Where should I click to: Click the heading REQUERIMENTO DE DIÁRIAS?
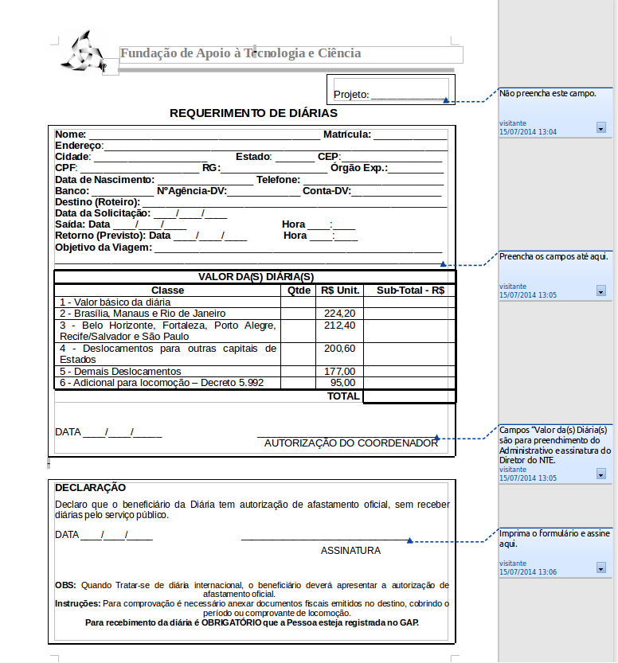[x=253, y=113]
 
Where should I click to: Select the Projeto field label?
[x=351, y=95]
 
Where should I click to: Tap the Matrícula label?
[x=346, y=135]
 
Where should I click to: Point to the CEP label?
[x=328, y=157]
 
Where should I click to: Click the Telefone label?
[x=278, y=180]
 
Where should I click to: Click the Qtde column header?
[x=299, y=291]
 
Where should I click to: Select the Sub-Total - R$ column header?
[x=410, y=291]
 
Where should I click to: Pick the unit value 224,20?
[x=340, y=314]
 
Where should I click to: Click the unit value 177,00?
[x=340, y=372]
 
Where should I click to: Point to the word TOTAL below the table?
[x=344, y=396]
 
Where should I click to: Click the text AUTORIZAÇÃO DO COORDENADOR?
[x=350, y=443]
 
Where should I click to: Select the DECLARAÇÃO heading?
[x=90, y=487]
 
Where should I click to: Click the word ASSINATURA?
[x=350, y=551]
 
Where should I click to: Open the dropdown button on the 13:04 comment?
[x=600, y=127]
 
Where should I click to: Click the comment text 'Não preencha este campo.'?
[x=548, y=93]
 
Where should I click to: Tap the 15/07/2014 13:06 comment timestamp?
[x=528, y=572]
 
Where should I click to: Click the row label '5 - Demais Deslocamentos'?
[x=121, y=372]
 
